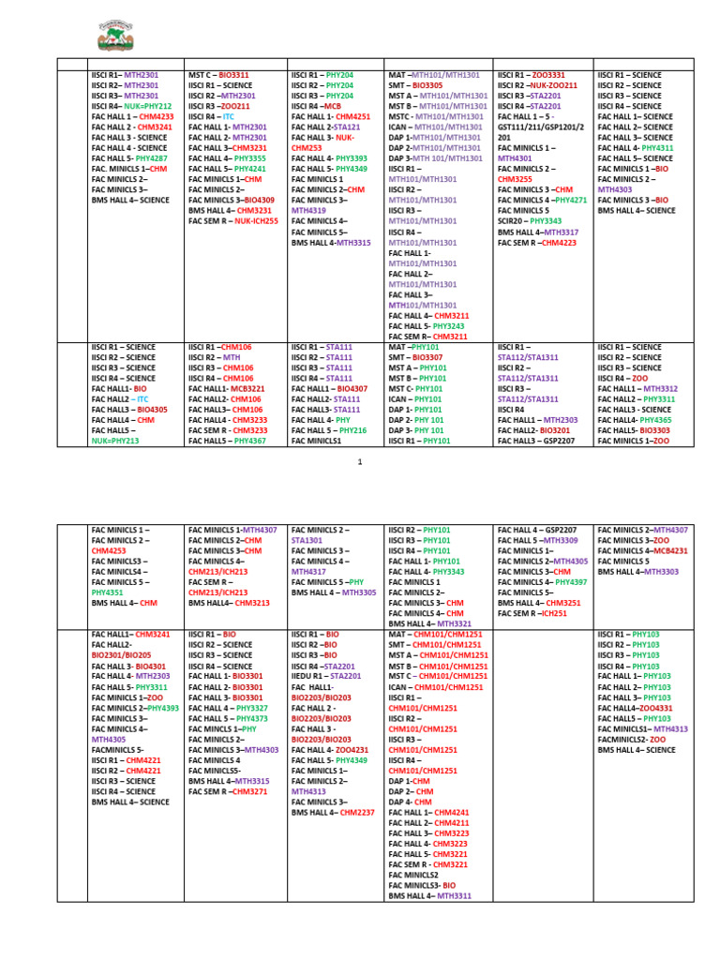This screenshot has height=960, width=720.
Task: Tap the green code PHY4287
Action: [x=150, y=158]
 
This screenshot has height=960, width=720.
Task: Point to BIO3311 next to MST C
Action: [x=233, y=74]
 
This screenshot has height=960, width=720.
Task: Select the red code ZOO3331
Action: [x=547, y=74]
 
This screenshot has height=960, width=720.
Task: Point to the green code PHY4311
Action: [x=656, y=147]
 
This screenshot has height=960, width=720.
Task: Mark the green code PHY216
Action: [x=352, y=429]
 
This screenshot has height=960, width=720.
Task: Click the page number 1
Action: [x=360, y=462]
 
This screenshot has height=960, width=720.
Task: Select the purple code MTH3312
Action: [x=661, y=388]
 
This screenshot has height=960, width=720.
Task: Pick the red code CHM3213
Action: [x=252, y=603]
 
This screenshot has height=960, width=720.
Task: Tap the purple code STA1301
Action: [x=307, y=540]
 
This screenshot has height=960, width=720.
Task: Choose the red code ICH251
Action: [x=555, y=613]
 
